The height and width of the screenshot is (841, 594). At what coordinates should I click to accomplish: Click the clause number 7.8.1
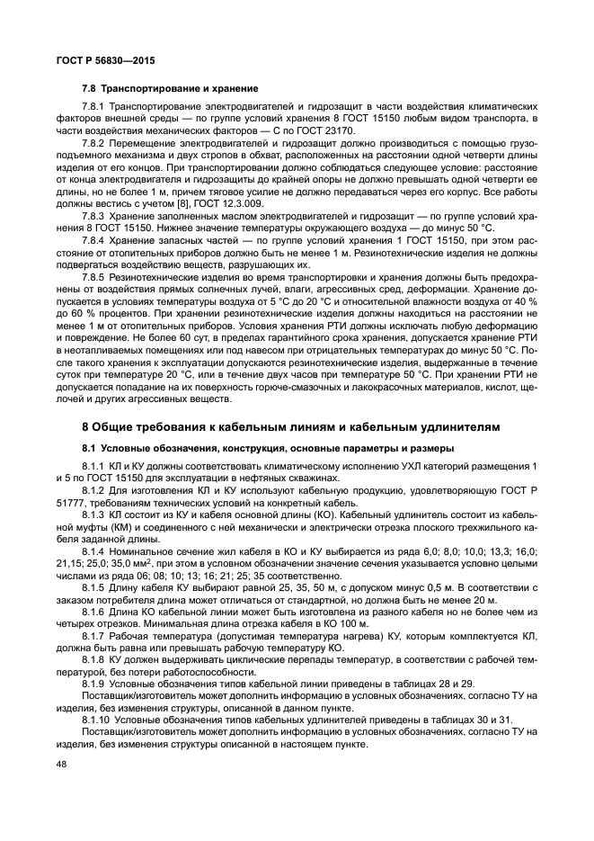click(96, 108)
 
